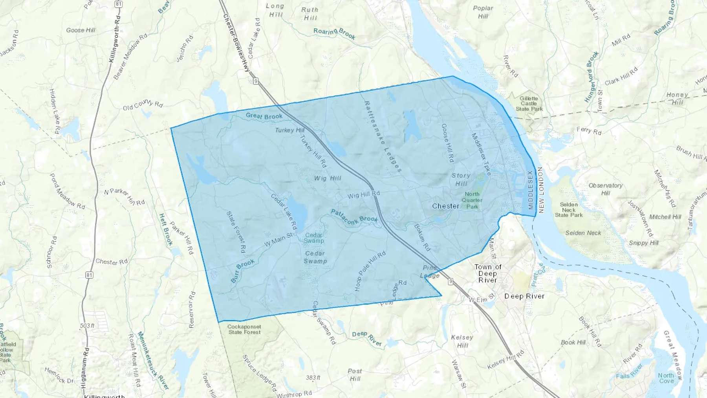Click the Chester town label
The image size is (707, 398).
pyautogui.click(x=445, y=206)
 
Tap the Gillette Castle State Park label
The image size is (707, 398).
pyautogui.click(x=529, y=104)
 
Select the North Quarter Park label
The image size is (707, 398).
pyautogui.click(x=472, y=200)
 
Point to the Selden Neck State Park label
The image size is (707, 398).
pyautogui.click(x=569, y=210)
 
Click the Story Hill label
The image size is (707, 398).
pyautogui.click(x=461, y=180)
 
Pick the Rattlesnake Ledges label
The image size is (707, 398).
pyautogui.click(x=383, y=136)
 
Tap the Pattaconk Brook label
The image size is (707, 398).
pyautogui.click(x=354, y=217)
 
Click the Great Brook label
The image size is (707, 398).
pyautogui.click(x=264, y=116)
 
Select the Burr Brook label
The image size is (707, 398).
pyautogui.click(x=242, y=271)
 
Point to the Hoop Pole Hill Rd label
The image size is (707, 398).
pyautogui.click(x=370, y=271)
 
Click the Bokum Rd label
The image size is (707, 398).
pyautogui.click(x=422, y=237)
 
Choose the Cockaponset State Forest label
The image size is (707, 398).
pyautogui.click(x=244, y=329)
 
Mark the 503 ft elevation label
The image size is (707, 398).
pyautogui.click(x=87, y=326)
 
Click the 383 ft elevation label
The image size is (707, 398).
pyautogui.click(x=313, y=378)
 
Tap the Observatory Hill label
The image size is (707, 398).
pyautogui.click(x=605, y=189)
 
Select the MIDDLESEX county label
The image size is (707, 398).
pyautogui.click(x=531, y=190)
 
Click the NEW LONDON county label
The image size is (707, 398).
pyautogui.click(x=541, y=190)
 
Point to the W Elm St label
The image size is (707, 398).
pyautogui.click(x=482, y=299)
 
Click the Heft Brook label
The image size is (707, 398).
pyautogui.click(x=166, y=230)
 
